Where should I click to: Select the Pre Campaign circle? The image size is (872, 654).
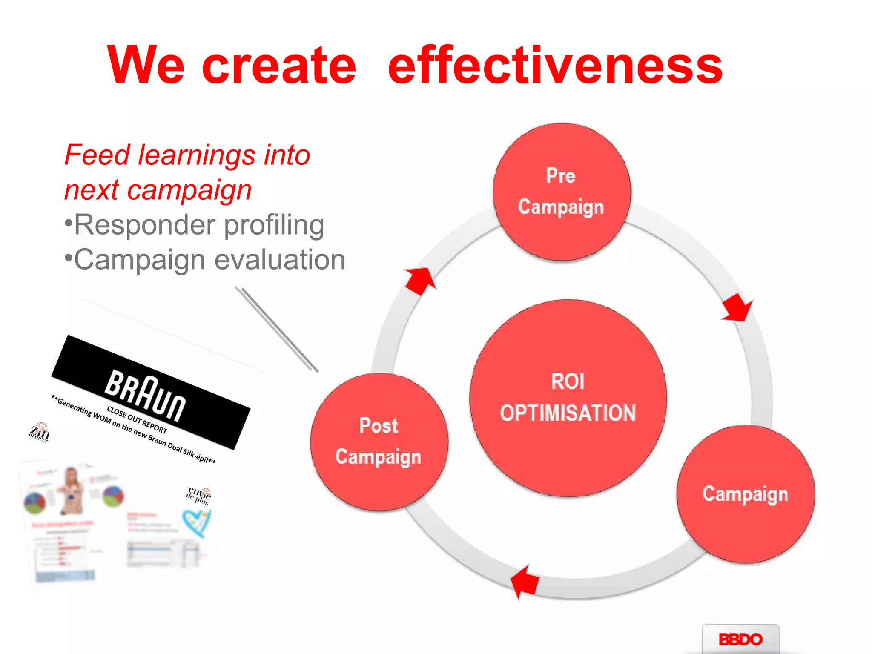tap(562, 192)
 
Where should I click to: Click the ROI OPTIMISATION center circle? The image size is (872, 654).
tap(568, 398)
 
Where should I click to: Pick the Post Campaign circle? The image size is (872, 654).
tap(379, 442)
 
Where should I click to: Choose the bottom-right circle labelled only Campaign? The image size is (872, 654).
tap(745, 494)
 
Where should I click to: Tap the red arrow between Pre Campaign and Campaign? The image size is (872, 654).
tap(737, 307)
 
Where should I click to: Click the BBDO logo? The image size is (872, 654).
tap(740, 639)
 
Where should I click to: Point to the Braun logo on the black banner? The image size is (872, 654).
tap(145, 396)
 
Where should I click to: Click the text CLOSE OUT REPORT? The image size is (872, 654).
tap(137, 420)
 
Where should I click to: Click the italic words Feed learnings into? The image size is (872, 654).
tap(187, 155)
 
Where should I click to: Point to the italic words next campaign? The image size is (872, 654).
tap(158, 190)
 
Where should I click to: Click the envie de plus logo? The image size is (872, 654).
tap(199, 496)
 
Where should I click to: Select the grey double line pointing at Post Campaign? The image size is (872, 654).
tap(277, 329)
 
